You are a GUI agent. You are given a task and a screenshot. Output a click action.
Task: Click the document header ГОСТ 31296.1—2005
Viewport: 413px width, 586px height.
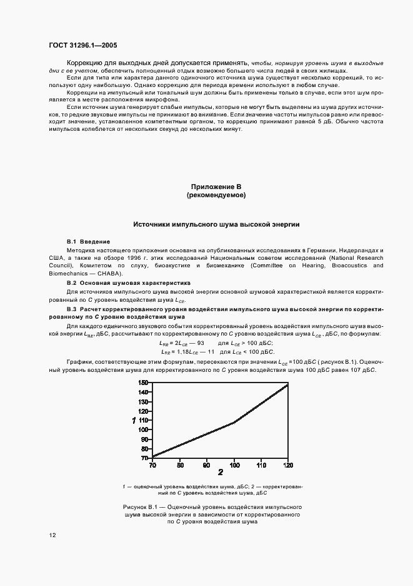(82, 45)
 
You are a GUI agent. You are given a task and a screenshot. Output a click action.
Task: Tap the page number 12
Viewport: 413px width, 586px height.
(52, 535)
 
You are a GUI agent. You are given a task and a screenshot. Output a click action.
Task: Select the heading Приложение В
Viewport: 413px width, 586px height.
(216, 187)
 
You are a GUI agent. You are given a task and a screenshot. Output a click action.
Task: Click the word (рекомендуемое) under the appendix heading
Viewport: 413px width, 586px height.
(216, 196)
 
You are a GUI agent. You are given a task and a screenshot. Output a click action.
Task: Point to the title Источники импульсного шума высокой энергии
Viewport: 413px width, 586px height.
(216, 224)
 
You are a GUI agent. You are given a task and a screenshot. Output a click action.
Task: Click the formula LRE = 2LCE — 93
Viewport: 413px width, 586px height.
(182, 344)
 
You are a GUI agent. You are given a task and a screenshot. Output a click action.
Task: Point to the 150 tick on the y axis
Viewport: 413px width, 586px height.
(143, 383)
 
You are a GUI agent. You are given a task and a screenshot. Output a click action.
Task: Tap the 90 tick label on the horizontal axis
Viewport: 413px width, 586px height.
(207, 465)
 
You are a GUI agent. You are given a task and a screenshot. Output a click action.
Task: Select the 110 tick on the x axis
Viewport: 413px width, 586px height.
(261, 465)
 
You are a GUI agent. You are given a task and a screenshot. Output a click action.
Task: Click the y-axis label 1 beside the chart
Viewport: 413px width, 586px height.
(134, 421)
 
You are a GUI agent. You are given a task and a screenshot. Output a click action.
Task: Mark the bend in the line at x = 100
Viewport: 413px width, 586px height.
(234, 423)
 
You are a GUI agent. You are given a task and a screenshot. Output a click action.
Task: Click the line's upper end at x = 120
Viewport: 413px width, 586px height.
(287, 384)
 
